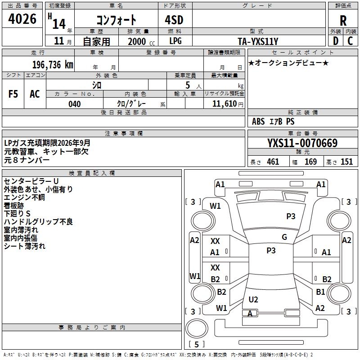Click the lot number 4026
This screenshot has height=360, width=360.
22,18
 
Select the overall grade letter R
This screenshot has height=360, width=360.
343,21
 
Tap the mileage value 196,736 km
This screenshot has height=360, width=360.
53,65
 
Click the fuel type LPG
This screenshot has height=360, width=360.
175,41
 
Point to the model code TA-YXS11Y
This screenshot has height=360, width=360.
258,41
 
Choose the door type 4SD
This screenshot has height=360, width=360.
174,20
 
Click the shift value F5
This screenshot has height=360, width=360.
13,94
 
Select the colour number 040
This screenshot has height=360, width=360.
75,104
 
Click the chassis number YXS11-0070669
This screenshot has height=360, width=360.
302,143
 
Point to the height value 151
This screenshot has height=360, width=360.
346,162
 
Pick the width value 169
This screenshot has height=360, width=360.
310,162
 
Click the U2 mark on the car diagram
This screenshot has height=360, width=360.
253,299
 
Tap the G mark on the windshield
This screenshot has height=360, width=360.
284,237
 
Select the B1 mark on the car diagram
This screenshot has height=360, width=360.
320,292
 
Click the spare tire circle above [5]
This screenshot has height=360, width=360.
197,328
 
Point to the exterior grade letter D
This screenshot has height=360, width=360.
336,41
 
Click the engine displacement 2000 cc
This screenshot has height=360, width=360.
141,41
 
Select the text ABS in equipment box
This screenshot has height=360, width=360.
258,121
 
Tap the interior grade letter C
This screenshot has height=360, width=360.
350,41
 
